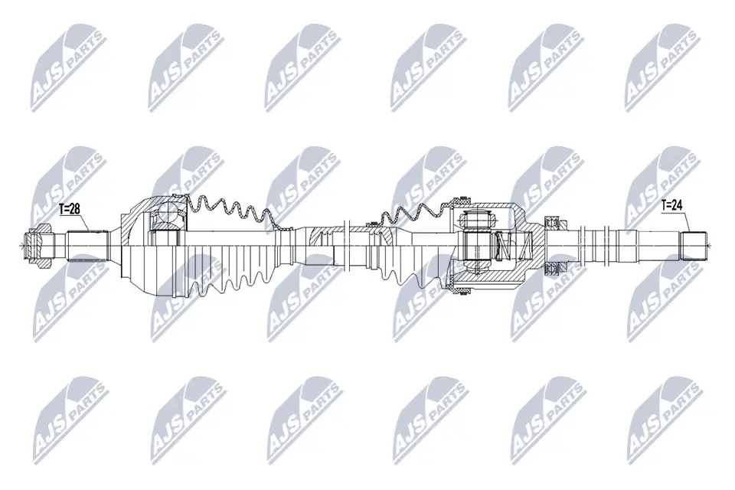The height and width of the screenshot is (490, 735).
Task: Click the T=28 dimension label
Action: [x=70, y=207]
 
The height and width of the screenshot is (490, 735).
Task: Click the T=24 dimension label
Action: [x=674, y=205]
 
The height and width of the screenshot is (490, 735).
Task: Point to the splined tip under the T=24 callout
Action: [x=694, y=245]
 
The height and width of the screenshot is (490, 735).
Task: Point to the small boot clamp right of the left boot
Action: [x=284, y=229]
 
